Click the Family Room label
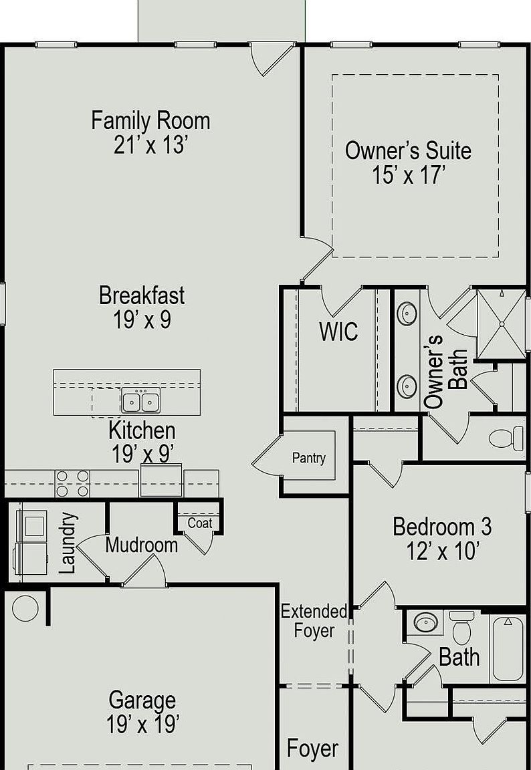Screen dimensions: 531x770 coord(150,121)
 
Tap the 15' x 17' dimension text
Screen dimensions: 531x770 coord(408,175)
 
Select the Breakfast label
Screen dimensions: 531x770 coord(142,295)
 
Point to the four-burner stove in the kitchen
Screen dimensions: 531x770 coord(72,483)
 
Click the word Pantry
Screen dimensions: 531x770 coord(309,458)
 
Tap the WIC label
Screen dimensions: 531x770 coord(339,332)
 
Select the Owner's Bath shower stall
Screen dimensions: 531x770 coord(502,324)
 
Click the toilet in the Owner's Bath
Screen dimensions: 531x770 coord(506,438)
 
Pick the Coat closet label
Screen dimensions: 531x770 coord(200,523)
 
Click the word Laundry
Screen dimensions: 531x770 coord(68,543)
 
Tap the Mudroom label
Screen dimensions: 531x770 coord(142,545)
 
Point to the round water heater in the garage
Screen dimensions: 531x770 coord(25,608)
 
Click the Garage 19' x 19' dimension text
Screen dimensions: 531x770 coord(142,725)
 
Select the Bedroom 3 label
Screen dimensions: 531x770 coord(442,527)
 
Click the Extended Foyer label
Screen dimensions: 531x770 coord(314,621)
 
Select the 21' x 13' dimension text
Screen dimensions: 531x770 coord(150,145)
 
